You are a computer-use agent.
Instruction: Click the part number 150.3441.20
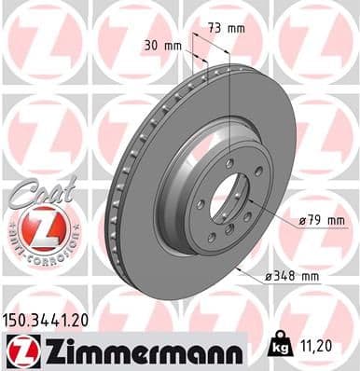click(x=48, y=319)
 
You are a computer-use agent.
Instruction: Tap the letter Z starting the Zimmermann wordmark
click(x=52, y=350)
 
